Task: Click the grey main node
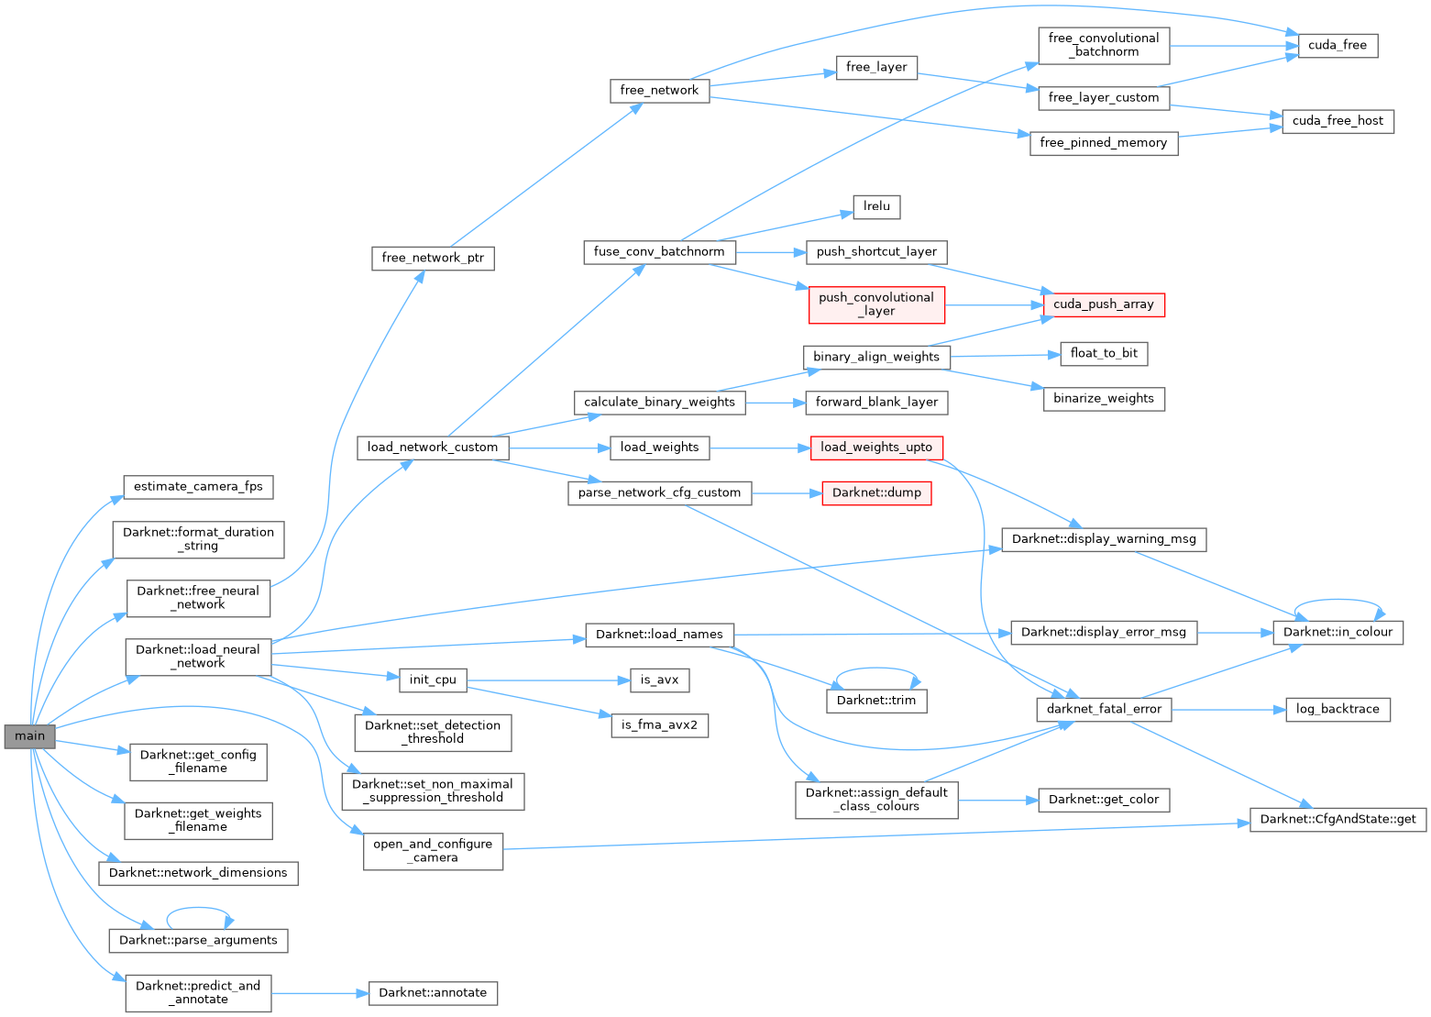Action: pyautogui.click(x=29, y=736)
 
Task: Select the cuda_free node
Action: pyautogui.click(x=1337, y=45)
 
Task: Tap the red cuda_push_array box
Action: pyautogui.click(x=1104, y=304)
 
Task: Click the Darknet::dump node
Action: pyautogui.click(x=876, y=492)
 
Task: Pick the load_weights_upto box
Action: pyautogui.click(x=875, y=448)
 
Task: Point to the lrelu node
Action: pyautogui.click(x=876, y=206)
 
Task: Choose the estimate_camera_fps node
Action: pyautogui.click(x=198, y=486)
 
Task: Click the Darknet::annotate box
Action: pyautogui.click(x=433, y=993)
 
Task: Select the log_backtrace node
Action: pyautogui.click(x=1337, y=709)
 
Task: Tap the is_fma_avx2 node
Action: pyautogui.click(x=659, y=725)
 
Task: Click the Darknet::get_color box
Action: pyautogui.click(x=1103, y=800)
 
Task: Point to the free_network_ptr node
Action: pyautogui.click(x=433, y=258)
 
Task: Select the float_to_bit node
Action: pyautogui.click(x=1104, y=353)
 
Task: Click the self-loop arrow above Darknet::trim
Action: pyautogui.click(x=875, y=669)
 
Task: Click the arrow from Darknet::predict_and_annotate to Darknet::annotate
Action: pyautogui.click(x=320, y=993)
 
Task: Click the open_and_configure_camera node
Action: pyautogui.click(x=433, y=851)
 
